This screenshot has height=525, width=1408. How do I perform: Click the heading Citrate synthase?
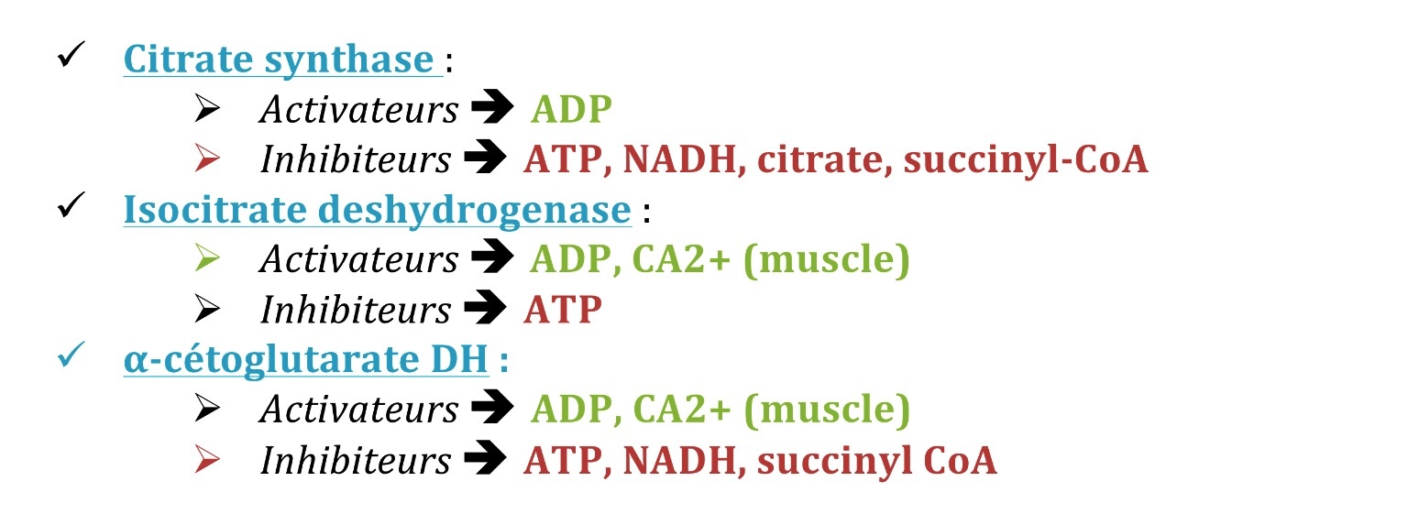click(x=279, y=60)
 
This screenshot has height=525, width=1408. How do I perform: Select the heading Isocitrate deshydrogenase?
click(x=377, y=211)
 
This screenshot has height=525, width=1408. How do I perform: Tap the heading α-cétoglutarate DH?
click(x=306, y=360)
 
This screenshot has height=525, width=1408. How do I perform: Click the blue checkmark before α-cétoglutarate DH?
click(x=71, y=355)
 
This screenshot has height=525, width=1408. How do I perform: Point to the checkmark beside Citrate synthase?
click(x=71, y=54)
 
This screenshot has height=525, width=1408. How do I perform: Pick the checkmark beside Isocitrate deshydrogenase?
click(x=71, y=204)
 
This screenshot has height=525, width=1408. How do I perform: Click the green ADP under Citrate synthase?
click(x=571, y=110)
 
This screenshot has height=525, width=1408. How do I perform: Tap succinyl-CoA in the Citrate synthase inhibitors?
click(x=1026, y=161)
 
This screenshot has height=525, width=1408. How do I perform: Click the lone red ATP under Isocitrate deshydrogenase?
click(x=563, y=310)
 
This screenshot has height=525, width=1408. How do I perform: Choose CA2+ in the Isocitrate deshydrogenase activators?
click(x=681, y=259)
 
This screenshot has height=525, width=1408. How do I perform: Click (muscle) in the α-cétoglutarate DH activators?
click(x=827, y=410)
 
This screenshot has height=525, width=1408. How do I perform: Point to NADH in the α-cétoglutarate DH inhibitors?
click(x=679, y=461)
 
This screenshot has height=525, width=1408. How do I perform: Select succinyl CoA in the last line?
click(x=877, y=462)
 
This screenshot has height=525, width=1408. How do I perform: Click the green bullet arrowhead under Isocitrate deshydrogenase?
click(x=207, y=258)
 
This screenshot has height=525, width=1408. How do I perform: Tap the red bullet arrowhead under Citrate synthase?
click(x=207, y=158)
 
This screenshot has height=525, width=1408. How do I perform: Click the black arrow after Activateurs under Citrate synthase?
click(x=493, y=107)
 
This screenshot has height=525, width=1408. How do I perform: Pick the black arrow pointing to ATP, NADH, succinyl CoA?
click(x=485, y=458)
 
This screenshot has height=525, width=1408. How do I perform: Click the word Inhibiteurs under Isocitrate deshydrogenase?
click(x=356, y=310)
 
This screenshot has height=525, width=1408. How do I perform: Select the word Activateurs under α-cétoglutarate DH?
click(x=359, y=410)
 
